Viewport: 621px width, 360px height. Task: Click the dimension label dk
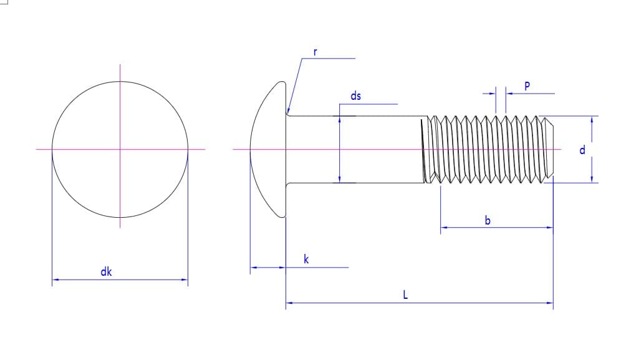point(106,271)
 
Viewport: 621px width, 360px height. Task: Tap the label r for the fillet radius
point(315,52)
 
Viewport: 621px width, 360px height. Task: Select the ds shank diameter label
point(355,95)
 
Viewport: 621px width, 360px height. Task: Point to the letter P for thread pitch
point(527,85)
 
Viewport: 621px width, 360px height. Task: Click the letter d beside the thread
point(582,150)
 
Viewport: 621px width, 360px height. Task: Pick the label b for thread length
point(488,220)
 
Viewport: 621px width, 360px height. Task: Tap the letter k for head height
point(306,259)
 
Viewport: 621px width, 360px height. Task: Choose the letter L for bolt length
point(405,294)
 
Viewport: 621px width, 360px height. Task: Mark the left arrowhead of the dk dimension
point(55,280)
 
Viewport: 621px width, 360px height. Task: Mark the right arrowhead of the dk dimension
point(185,280)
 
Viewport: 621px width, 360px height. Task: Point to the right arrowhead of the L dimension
point(550,303)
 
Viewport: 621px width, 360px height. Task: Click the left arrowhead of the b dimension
point(444,228)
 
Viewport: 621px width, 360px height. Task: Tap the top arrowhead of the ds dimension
point(339,120)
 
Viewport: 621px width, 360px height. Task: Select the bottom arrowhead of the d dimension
point(592,179)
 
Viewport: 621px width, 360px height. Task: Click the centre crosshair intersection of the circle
point(120,150)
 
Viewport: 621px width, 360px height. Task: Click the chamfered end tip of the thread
point(553,150)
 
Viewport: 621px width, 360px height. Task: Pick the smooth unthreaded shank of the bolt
point(357,150)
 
